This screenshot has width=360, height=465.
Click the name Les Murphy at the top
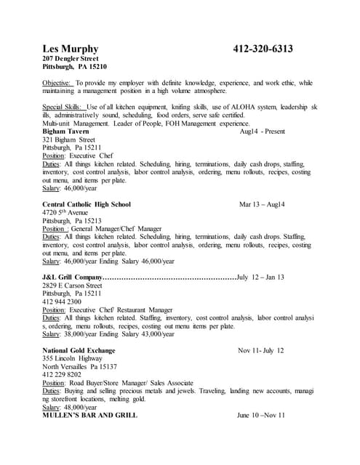click(71, 49)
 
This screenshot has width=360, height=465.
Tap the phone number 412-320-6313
click(263, 49)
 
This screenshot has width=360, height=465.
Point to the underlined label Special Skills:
click(65, 107)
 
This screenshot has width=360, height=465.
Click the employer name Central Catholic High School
click(87, 205)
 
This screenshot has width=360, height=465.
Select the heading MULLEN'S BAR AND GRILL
click(90, 416)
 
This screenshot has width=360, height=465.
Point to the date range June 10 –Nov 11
click(260, 416)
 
